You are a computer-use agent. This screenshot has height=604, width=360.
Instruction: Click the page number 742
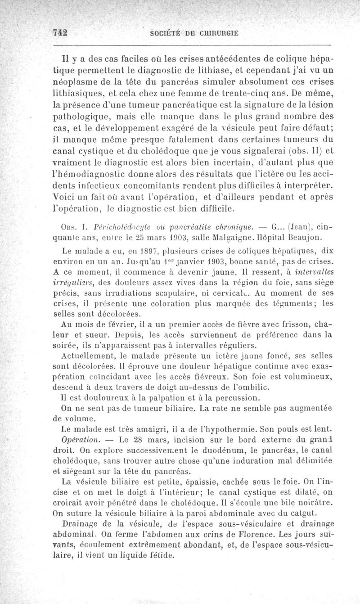(x=59, y=32)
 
